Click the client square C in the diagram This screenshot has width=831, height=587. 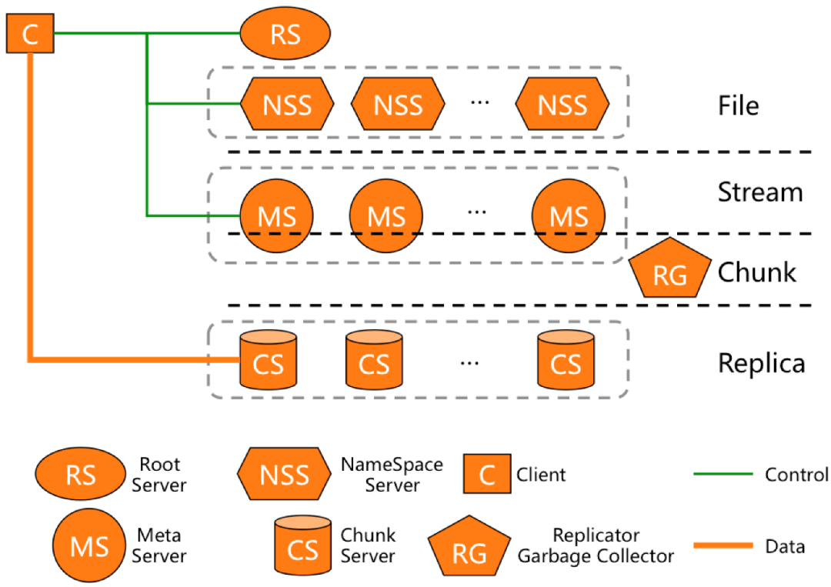coord(30,34)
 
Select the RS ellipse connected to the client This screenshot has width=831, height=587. coord(285,35)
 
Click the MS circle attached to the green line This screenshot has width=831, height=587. coord(277,216)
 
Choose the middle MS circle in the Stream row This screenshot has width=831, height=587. coord(385,216)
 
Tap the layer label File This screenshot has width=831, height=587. coord(738,105)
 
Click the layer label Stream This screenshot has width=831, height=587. coord(760,192)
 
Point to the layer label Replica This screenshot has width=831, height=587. coord(761,362)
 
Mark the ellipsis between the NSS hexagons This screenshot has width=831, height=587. coord(479,104)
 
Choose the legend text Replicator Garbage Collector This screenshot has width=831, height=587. coord(596,545)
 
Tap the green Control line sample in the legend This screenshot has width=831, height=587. coord(723,475)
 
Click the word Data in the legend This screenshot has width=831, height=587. coord(785,546)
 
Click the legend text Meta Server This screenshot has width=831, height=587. coord(159,545)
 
